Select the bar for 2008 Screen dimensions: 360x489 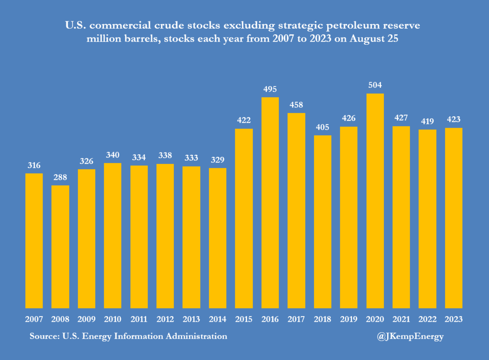coord(60,247)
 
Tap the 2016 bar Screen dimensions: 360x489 coord(270,203)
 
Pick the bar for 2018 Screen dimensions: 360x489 coord(323,222)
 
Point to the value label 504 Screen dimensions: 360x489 coord(375,85)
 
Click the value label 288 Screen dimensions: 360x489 coord(60,177)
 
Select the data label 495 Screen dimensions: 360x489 coord(270,89)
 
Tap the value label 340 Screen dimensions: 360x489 coord(113,155)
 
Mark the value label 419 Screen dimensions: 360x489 coord(427,121)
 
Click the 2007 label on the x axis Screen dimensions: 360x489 coord(34,319)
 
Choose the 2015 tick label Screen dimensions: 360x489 coord(244,319)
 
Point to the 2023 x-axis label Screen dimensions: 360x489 coord(454,319)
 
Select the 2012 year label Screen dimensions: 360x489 coord(165,319)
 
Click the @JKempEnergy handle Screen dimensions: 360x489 coord(410,336)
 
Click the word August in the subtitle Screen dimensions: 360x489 coord(367,39)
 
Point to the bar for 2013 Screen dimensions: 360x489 coord(191,237)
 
